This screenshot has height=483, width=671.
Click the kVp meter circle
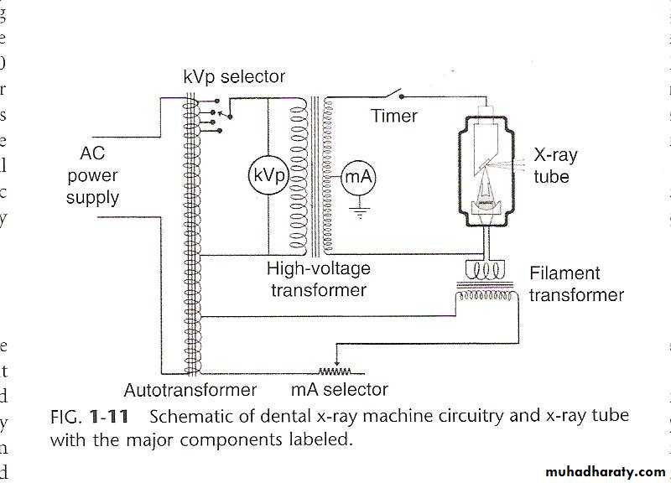[x=266, y=177]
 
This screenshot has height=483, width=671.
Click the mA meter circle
[x=357, y=178]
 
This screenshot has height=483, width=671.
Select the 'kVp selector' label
[x=234, y=77]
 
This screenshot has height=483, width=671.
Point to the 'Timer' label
[x=394, y=116]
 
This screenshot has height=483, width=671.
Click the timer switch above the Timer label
[x=393, y=92]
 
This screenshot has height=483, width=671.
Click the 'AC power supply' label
[x=92, y=176]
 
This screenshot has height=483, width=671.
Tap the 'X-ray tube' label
[x=555, y=166]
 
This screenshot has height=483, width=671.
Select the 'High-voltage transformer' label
[x=316, y=279]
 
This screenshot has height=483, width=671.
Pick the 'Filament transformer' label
[x=576, y=284]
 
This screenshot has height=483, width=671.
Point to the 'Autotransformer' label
[x=190, y=390]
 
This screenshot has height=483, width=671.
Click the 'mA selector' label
[x=339, y=390]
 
